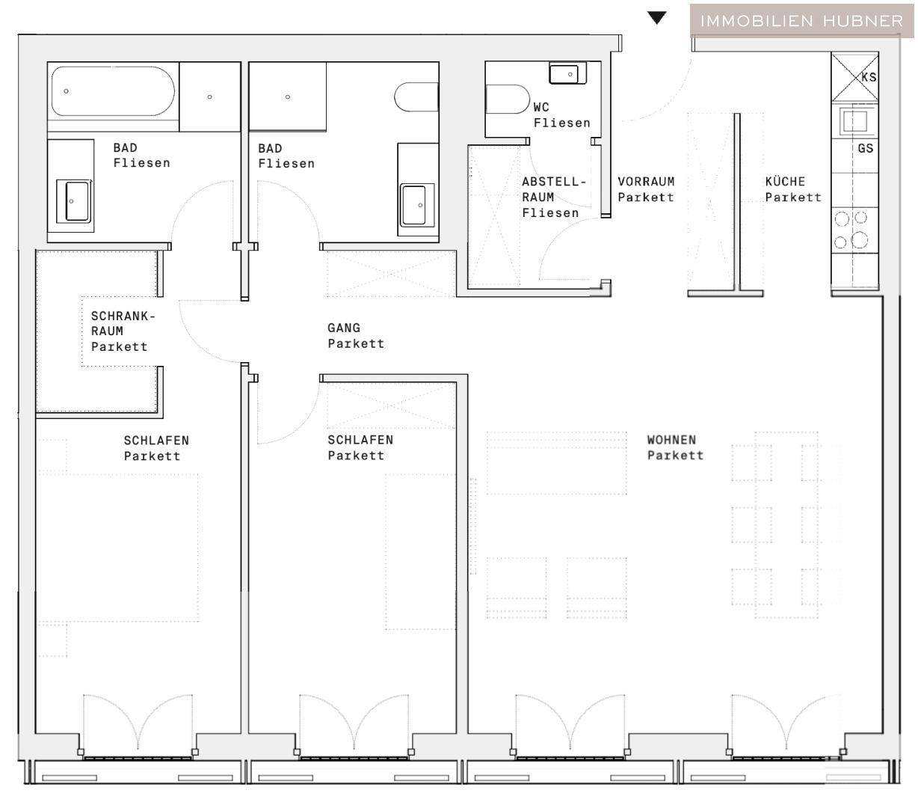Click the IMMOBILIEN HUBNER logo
coord(802,20)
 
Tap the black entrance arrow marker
coord(656,18)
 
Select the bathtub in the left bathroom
coord(113,91)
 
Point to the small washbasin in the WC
coord(567,74)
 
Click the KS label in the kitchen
coord(868,77)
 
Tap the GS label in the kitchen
coord(865,148)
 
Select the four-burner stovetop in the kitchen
coord(851,230)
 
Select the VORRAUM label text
coord(645,189)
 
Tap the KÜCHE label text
coord(792,189)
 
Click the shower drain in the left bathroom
coord(209,97)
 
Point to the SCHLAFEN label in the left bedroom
coord(155,447)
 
